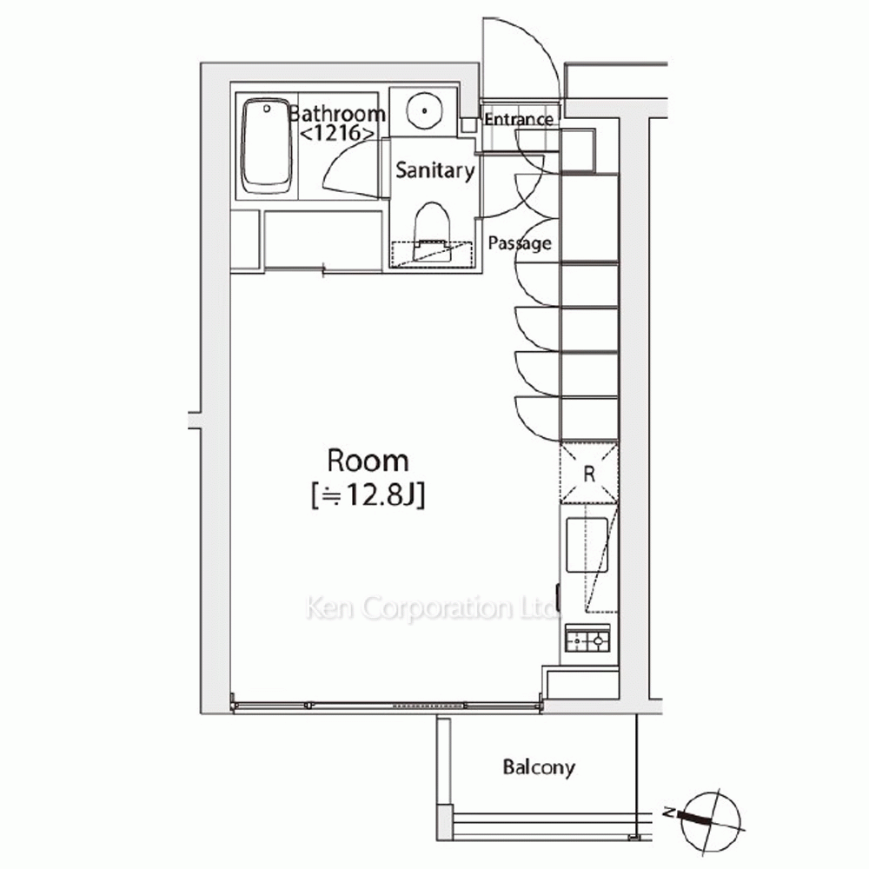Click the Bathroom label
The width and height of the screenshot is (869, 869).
(337, 114)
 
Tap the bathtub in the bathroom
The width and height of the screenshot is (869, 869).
(267, 147)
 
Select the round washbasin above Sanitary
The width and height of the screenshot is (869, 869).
(424, 110)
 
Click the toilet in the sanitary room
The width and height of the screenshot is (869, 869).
(431, 232)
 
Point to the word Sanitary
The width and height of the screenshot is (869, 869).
(435, 170)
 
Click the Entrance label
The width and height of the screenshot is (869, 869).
(519, 119)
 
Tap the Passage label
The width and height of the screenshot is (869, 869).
(520, 243)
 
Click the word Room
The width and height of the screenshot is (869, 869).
(368, 461)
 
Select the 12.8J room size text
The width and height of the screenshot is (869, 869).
(368, 495)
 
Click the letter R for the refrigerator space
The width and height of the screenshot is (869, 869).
(589, 474)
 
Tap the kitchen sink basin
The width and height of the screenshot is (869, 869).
(587, 545)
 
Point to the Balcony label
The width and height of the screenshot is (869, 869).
(539, 767)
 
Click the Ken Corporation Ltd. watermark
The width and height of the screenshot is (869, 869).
(431, 608)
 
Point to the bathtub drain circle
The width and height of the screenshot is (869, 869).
(267, 109)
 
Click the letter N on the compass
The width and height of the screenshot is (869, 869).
(669, 813)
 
